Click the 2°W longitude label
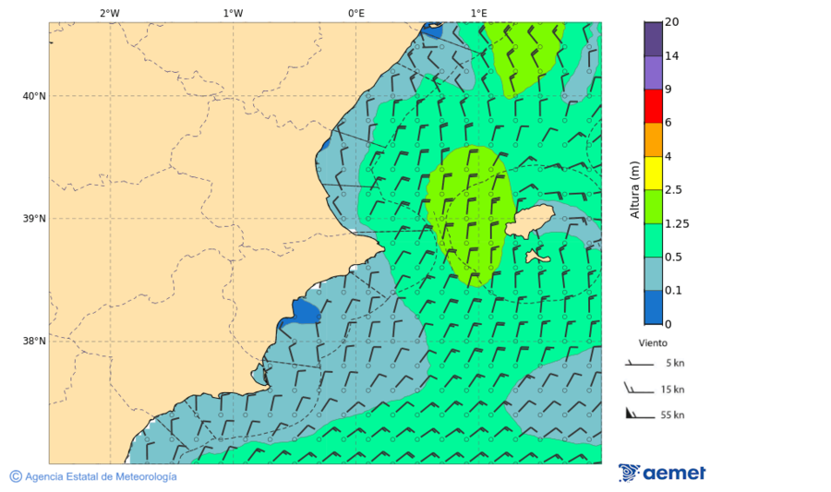(109, 13)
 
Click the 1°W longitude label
(233, 13)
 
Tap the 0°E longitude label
(355, 13)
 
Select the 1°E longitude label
(478, 13)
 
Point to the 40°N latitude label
(34, 96)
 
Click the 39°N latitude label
(34, 219)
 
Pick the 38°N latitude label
(34, 342)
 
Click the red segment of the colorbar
(653, 106)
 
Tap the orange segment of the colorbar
(653, 139)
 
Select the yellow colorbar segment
(653, 173)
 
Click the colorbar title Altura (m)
(634, 189)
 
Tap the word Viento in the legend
(653, 342)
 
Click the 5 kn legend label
(673, 363)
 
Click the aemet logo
(662, 473)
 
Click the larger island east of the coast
(529, 221)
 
